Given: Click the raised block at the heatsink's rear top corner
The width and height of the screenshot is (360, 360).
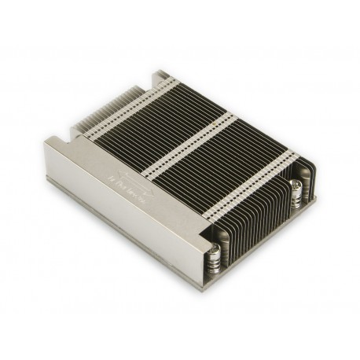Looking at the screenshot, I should click(161, 76).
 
